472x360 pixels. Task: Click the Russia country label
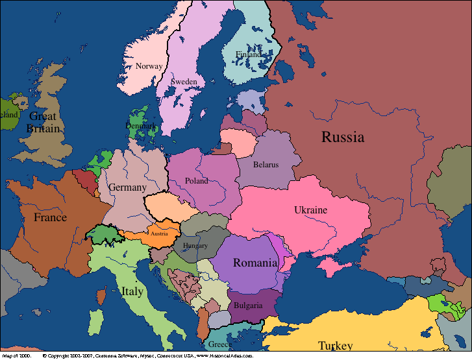[x=343, y=137]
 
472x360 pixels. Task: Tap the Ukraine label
[x=310, y=210]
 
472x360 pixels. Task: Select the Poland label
[x=197, y=181]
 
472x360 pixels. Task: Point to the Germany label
[x=127, y=187]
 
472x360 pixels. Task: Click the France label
[x=50, y=217]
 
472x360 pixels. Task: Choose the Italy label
[x=132, y=292]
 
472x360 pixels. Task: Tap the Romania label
[x=255, y=263]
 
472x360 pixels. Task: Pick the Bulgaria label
[x=249, y=306]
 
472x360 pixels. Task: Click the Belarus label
[x=266, y=165]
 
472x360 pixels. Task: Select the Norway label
[x=149, y=66]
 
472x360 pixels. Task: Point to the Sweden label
[x=184, y=82]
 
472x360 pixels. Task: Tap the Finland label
[x=248, y=54]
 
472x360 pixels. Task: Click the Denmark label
[x=140, y=126]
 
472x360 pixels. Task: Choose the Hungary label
[x=195, y=246]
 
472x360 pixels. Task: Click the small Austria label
[x=159, y=234]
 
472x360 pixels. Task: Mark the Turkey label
[x=335, y=345]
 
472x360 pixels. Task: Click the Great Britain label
[x=43, y=123]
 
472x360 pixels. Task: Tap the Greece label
[x=217, y=344]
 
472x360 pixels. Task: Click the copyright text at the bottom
[x=149, y=356]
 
